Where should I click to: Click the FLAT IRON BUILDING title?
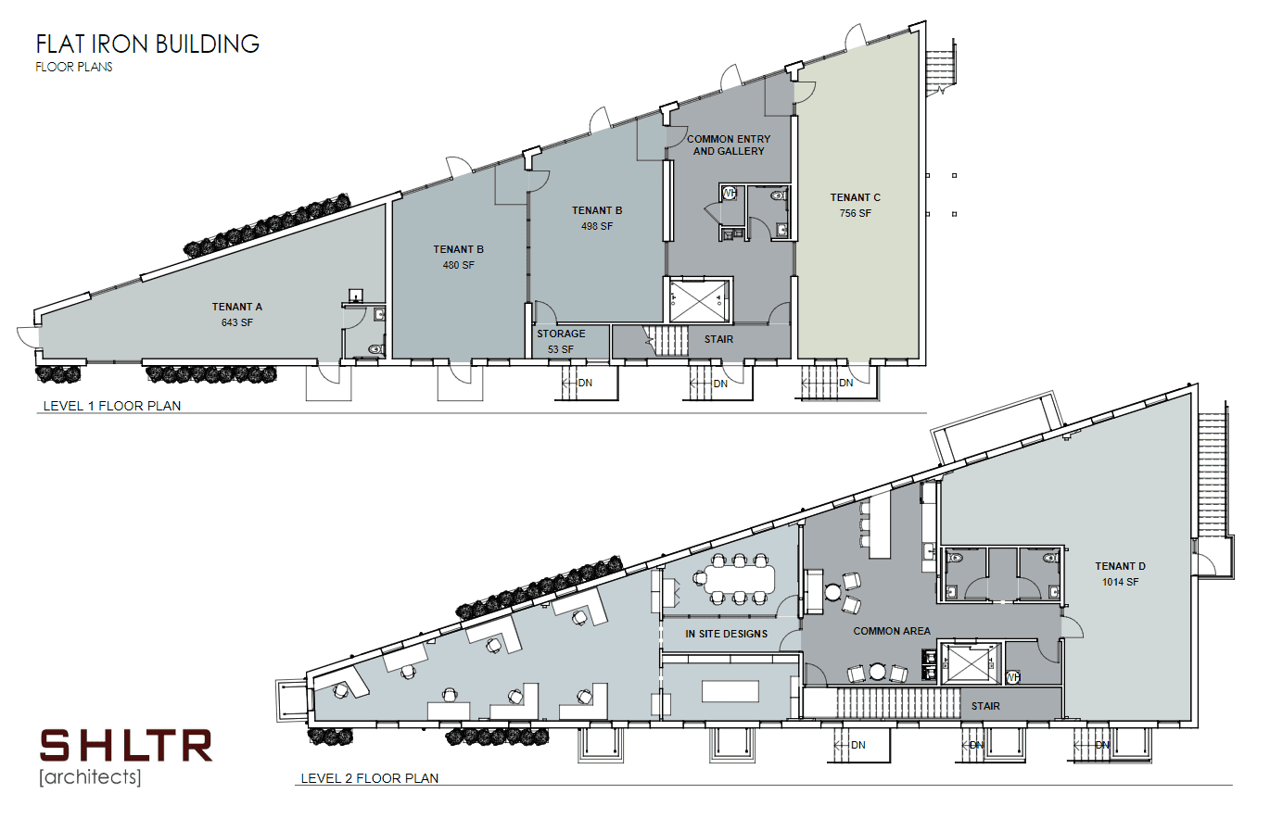click(x=147, y=44)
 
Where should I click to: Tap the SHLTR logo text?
click(x=126, y=746)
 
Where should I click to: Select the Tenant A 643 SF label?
click(x=237, y=315)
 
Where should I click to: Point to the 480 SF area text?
click(x=459, y=265)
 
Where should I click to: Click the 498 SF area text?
click(x=597, y=226)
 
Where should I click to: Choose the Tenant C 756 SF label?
click(x=855, y=205)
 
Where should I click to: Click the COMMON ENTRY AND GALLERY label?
click(x=729, y=145)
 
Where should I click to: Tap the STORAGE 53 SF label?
click(x=561, y=342)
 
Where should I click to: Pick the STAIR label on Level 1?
click(x=719, y=339)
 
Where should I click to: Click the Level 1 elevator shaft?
click(x=698, y=300)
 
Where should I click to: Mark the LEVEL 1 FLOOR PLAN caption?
click(x=112, y=406)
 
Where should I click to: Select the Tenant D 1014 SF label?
click(x=1121, y=573)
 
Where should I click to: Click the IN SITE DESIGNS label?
click(x=726, y=634)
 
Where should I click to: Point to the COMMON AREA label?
click(x=892, y=631)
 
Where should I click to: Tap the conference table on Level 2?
click(x=739, y=579)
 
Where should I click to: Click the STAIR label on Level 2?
click(x=985, y=706)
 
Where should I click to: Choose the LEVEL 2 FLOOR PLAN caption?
click(x=370, y=778)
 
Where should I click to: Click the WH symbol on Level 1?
click(x=730, y=194)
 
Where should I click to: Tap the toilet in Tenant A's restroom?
click(x=375, y=349)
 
